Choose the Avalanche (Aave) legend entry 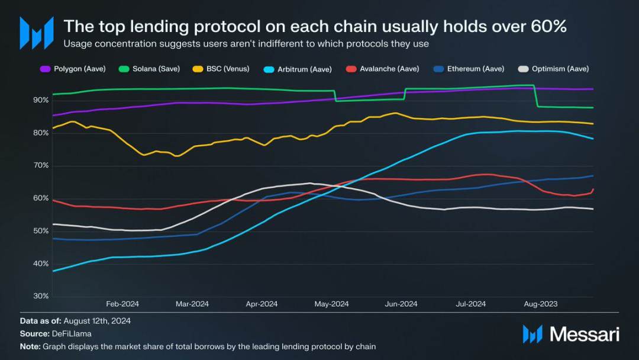(383, 69)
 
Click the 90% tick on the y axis (41, 101)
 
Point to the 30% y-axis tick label (41, 296)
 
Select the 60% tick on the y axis (41, 198)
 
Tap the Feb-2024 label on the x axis (122, 304)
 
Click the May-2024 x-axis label (331, 304)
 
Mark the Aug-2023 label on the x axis (540, 304)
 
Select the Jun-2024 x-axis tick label (401, 304)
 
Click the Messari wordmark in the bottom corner (584, 335)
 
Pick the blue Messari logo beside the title (37, 33)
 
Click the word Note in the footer (30, 346)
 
